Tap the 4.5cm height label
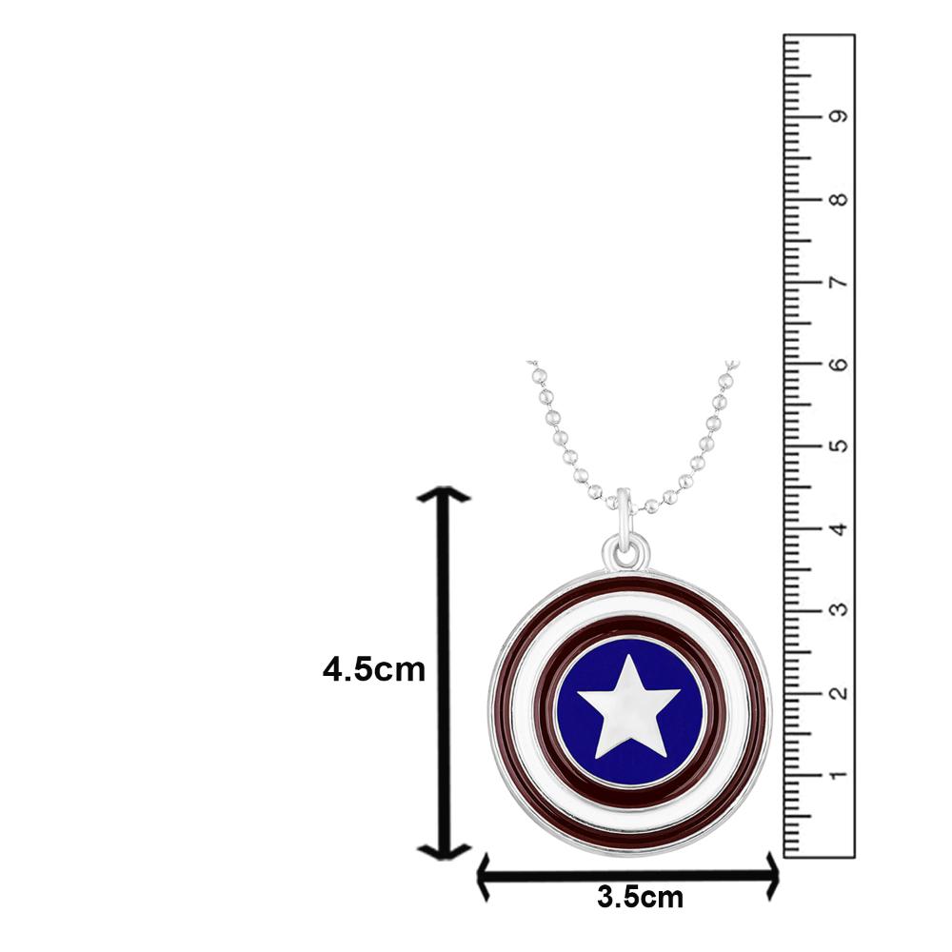point(373,669)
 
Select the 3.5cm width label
point(640,896)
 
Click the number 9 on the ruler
point(838,117)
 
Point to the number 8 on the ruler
point(838,200)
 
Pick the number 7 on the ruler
point(838,283)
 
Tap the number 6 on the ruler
point(838,365)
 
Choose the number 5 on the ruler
point(838,446)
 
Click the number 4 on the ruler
point(838,528)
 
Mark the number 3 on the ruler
point(838,610)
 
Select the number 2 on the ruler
point(838,692)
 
